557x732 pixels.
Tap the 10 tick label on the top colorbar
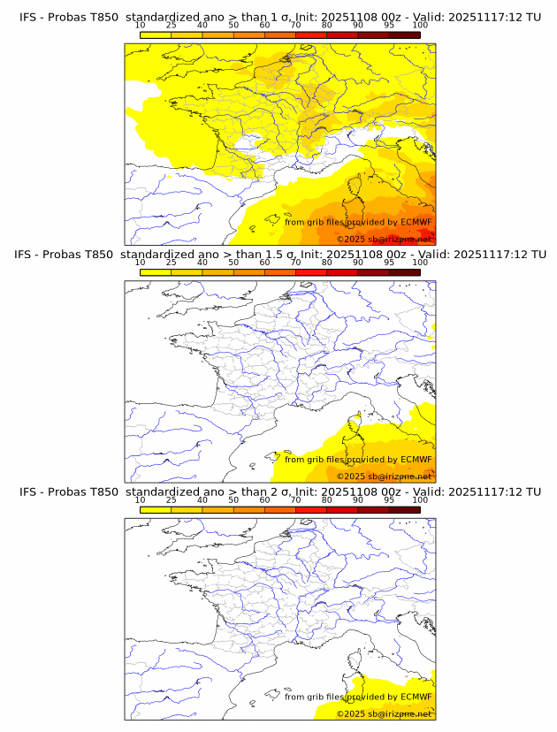[x=141, y=26]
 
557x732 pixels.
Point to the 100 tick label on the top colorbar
[x=419, y=26]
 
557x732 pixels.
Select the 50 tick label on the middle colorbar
[x=233, y=263]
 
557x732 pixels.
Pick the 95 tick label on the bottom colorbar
[x=389, y=499]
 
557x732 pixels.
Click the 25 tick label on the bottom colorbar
[x=172, y=499]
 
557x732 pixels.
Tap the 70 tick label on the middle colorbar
[x=295, y=263]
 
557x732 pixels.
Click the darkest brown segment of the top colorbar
[x=404, y=34]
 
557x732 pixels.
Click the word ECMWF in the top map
[x=416, y=223]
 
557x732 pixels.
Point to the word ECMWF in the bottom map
[x=416, y=697]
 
